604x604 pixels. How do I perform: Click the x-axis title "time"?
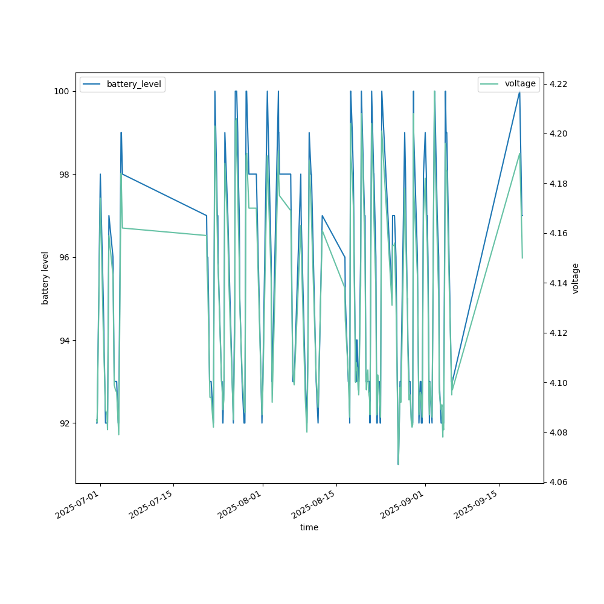[x=309, y=527]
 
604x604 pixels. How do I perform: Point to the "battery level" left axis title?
[x=45, y=278]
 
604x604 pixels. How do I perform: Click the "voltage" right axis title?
[x=576, y=278]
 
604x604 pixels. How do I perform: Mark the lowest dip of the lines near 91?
[x=398, y=464]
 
